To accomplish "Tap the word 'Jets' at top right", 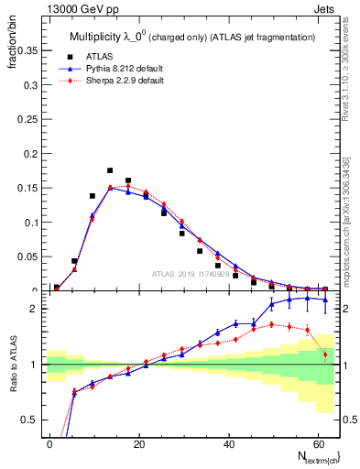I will tap(325, 8).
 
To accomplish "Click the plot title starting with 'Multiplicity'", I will tap(192, 37).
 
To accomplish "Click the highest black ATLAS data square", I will tap(110, 170).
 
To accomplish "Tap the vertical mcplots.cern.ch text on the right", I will tap(346, 220).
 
